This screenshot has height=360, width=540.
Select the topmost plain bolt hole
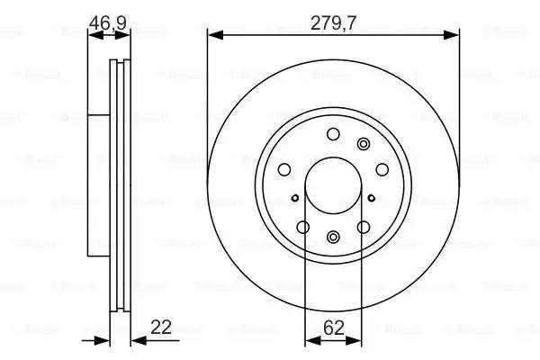tap(333, 135)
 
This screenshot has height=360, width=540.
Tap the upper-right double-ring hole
tap(364, 144)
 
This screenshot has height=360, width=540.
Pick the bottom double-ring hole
tap(333, 238)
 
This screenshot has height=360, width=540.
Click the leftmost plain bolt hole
tap(283, 169)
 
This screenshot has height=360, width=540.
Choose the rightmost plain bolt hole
tap(382, 169)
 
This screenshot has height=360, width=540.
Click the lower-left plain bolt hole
tap(303, 228)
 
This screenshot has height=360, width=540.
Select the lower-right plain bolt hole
tap(364, 228)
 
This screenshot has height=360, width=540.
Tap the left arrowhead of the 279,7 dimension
tap(213, 35)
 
